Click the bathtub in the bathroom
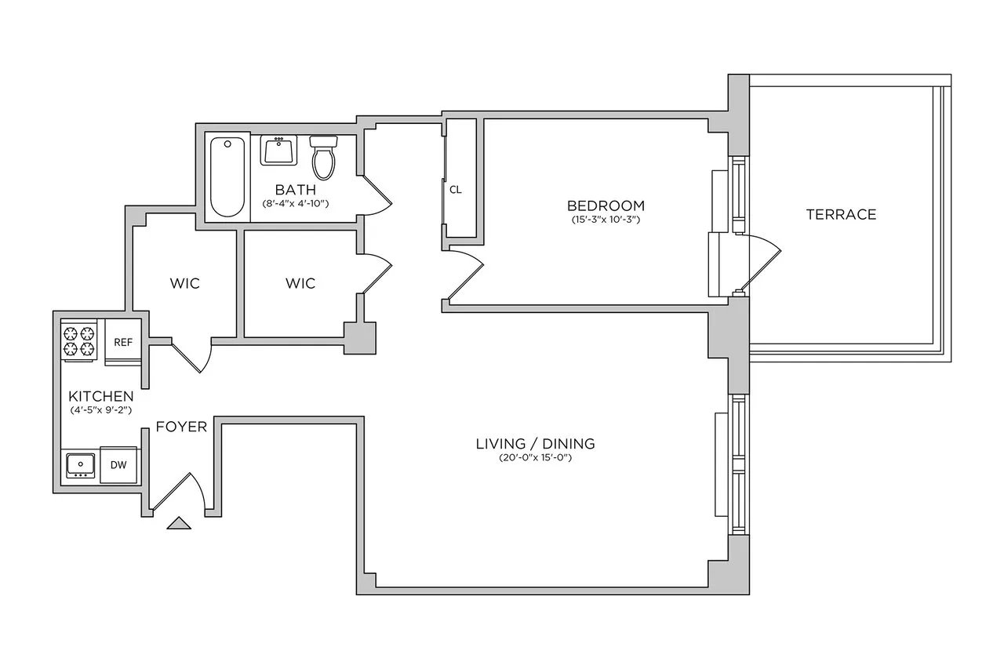(227, 176)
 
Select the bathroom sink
(279, 150)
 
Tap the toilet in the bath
(323, 157)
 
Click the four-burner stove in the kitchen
(78, 340)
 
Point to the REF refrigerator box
(123, 342)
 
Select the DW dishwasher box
(118, 465)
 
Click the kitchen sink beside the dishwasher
(80, 465)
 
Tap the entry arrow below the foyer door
(179, 523)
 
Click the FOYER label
(181, 427)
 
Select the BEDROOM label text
(606, 205)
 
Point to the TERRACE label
(841, 214)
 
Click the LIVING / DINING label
(535, 443)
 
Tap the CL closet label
(456, 190)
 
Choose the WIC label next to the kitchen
(185, 283)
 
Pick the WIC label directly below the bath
(300, 283)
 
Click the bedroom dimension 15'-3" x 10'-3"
(606, 220)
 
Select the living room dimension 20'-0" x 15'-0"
(535, 458)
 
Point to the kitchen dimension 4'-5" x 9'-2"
(100, 409)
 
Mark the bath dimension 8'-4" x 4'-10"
(295, 204)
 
